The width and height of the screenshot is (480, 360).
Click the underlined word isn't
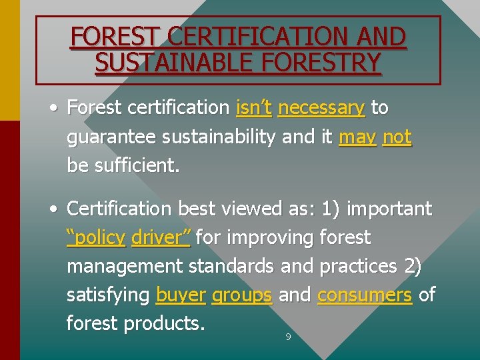[x=253, y=107]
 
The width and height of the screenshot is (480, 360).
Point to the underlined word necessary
[x=321, y=107]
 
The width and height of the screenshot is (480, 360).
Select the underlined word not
[x=397, y=137]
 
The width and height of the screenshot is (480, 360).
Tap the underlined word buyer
[x=180, y=295]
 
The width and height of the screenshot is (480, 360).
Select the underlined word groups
[x=241, y=295]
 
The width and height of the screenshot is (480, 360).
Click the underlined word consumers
[x=365, y=295]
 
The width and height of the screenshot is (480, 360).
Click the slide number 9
[x=288, y=337]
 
